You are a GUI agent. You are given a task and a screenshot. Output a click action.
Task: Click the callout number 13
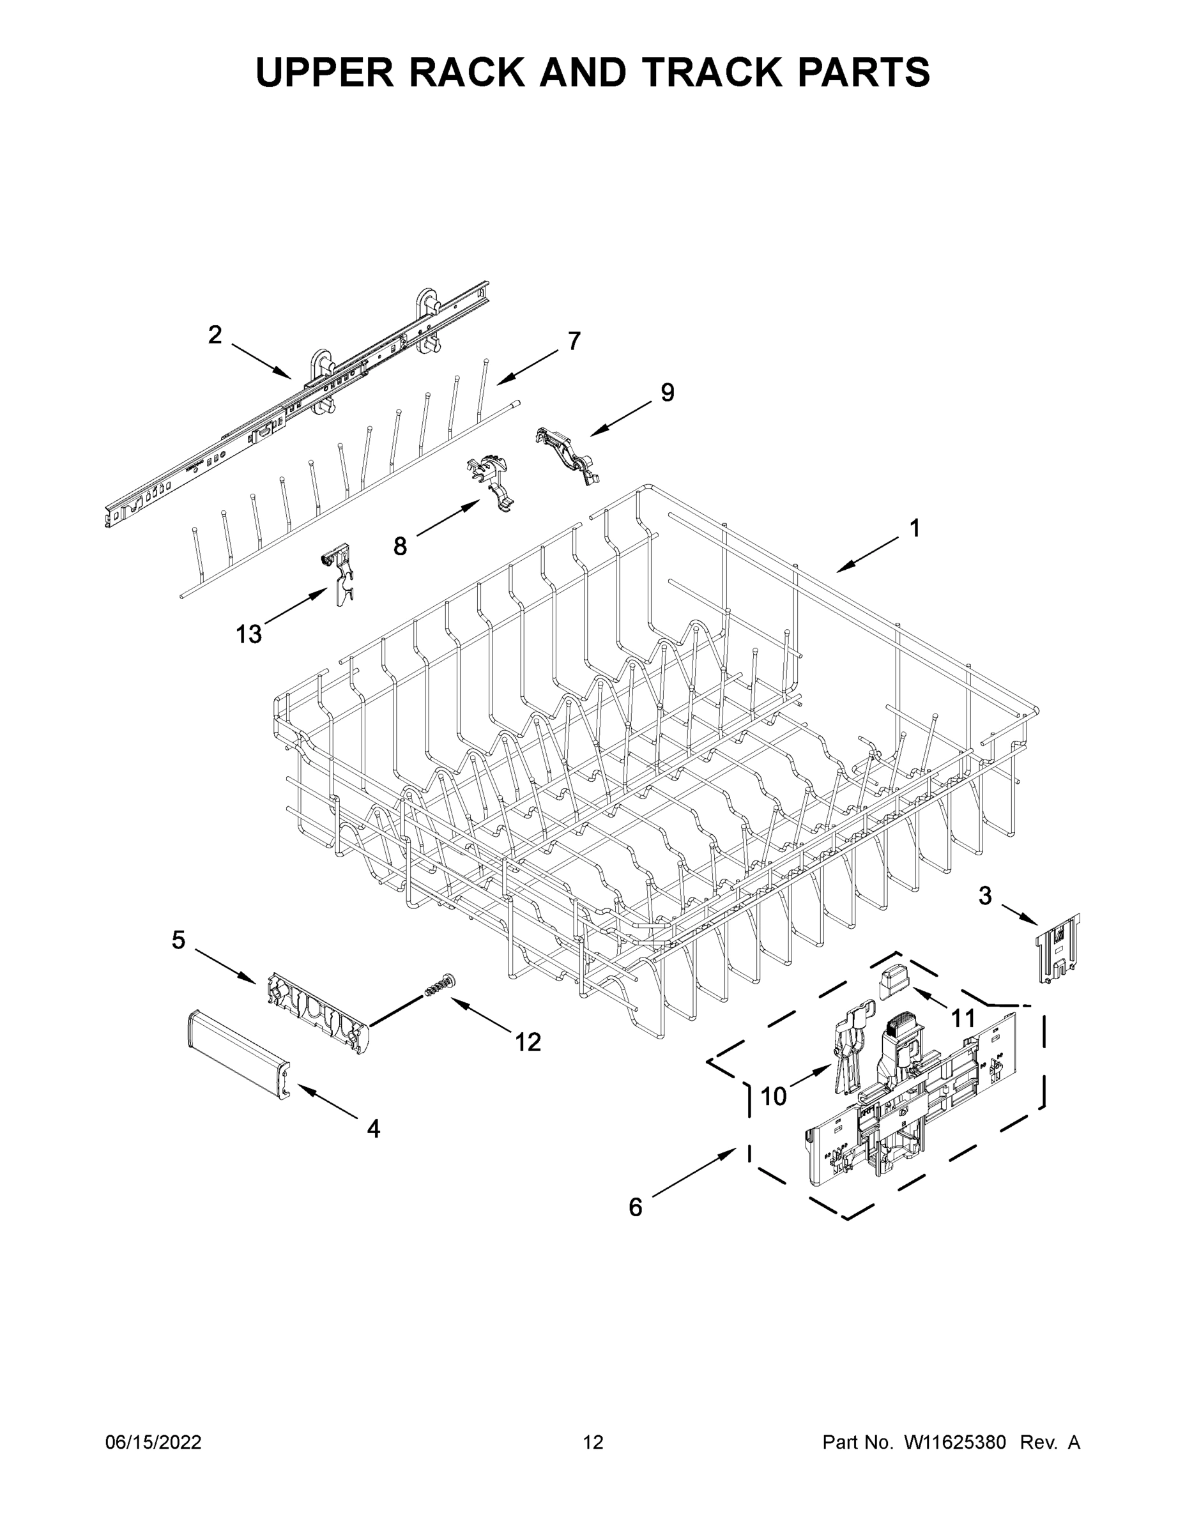pos(248,634)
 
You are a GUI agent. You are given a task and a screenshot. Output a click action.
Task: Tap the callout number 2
pos(215,335)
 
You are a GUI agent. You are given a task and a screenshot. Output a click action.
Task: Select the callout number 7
pos(574,341)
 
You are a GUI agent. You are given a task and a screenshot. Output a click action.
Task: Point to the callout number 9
pos(667,392)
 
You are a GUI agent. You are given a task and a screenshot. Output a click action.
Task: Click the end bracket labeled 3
pos(1058,948)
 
